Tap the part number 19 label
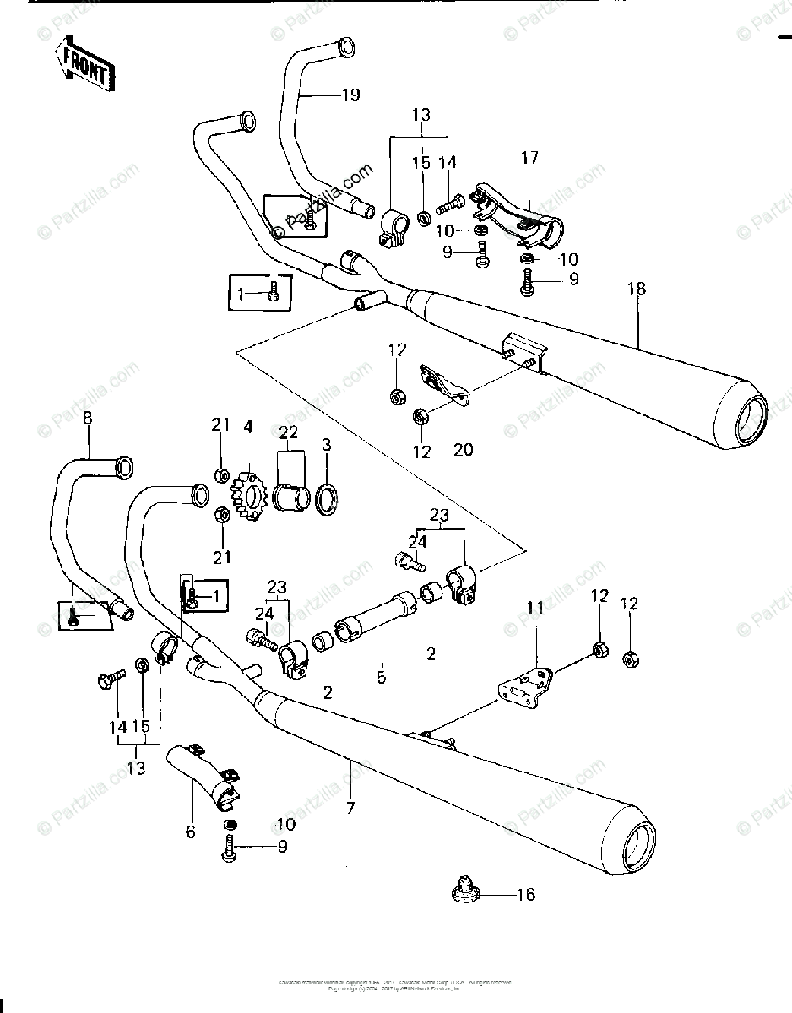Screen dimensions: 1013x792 [x=350, y=95]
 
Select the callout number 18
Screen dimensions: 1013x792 [x=637, y=289]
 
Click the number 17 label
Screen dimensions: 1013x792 [x=529, y=157]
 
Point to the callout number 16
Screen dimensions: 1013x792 [x=525, y=894]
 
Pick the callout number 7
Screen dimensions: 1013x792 [x=350, y=808]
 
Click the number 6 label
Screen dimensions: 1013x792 [x=190, y=832]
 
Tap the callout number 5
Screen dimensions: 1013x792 [x=382, y=677]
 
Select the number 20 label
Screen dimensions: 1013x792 [x=463, y=451]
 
